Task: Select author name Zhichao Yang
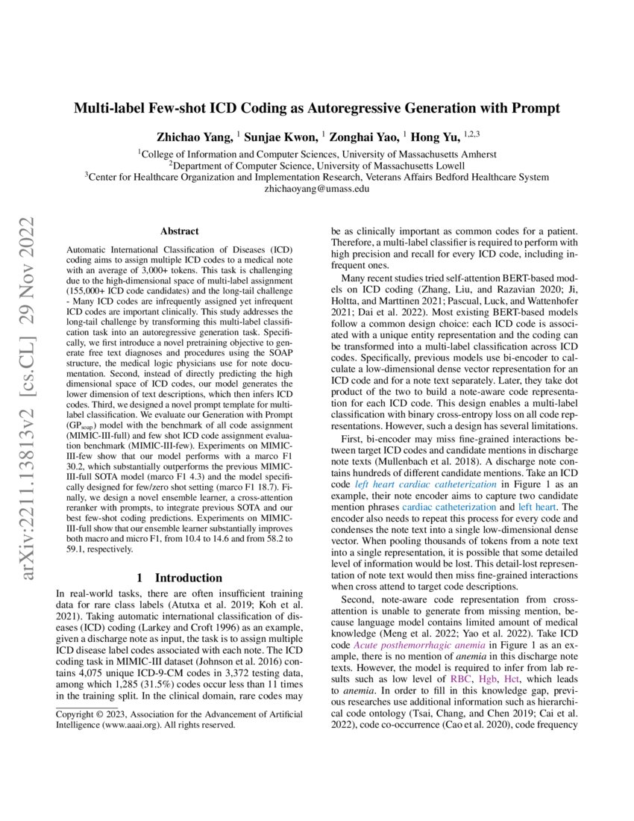[193, 137]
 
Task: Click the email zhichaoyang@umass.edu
[316, 190]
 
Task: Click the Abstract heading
[179, 232]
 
